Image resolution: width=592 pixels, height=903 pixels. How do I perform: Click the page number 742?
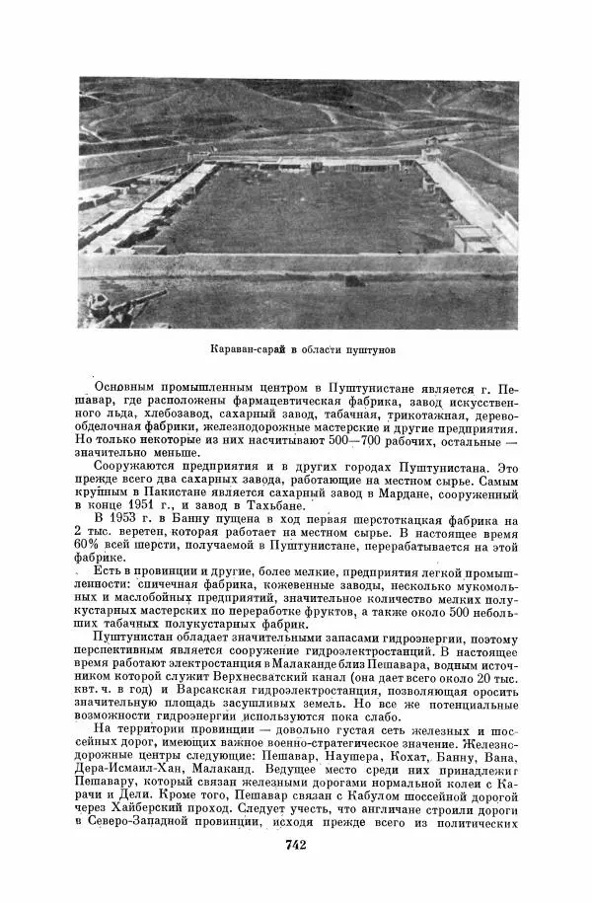(x=297, y=845)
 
